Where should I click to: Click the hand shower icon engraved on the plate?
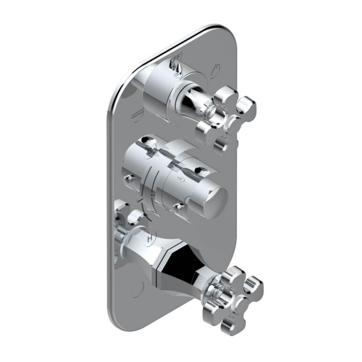(215, 70)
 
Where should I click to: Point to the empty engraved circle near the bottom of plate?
(138, 289)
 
